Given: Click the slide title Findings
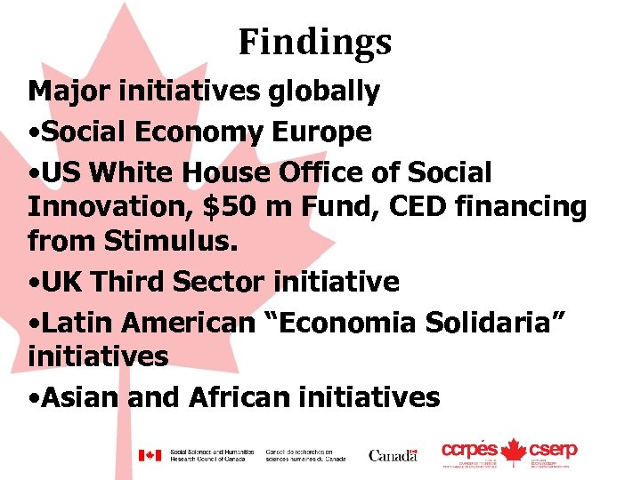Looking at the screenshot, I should click(314, 42).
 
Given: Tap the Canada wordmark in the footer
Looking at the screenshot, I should click(393, 455).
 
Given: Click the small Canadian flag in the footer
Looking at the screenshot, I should click(149, 455).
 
